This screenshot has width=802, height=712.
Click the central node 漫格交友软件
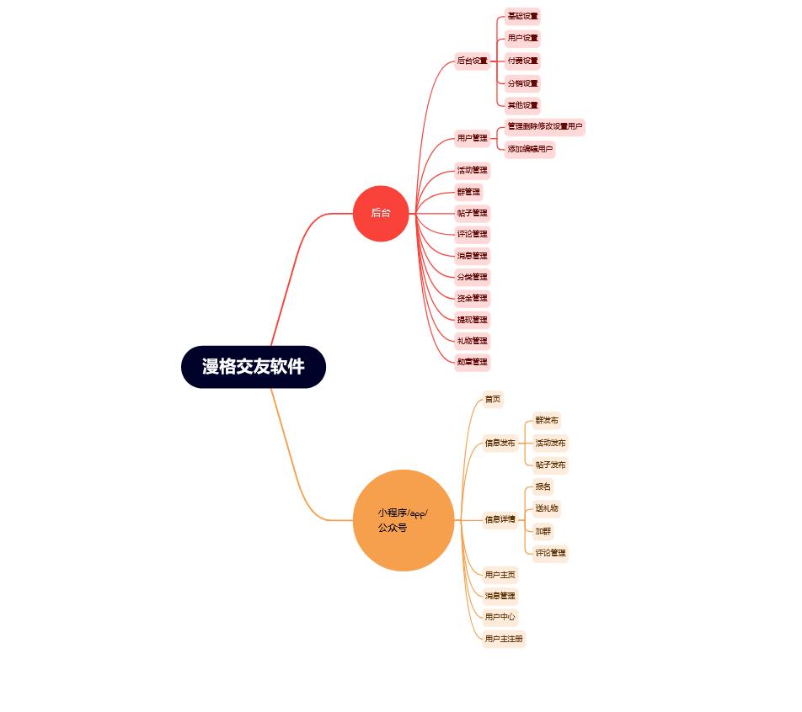254,367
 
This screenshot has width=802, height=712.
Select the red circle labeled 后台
381,213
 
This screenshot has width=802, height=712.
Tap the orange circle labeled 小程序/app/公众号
404,520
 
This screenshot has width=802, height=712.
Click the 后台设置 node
472,61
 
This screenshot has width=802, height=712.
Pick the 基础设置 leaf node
522,16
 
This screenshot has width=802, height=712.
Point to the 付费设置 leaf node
522,61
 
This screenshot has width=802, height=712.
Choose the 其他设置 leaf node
522,105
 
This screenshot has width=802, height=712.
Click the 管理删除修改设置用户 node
544,126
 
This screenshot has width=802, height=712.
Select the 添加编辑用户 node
530,149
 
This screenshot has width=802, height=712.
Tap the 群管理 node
468,192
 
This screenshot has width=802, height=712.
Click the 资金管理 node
472,298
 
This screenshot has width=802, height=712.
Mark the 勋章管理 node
472,362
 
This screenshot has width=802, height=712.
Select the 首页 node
492,399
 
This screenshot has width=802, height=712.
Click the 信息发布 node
500,443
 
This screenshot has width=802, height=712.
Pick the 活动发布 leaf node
550,443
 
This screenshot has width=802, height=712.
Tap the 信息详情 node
500,519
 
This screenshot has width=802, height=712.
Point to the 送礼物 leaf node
547,508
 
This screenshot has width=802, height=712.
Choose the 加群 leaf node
543,531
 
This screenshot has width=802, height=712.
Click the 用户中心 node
500,617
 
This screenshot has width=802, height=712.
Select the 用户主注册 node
504,639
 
